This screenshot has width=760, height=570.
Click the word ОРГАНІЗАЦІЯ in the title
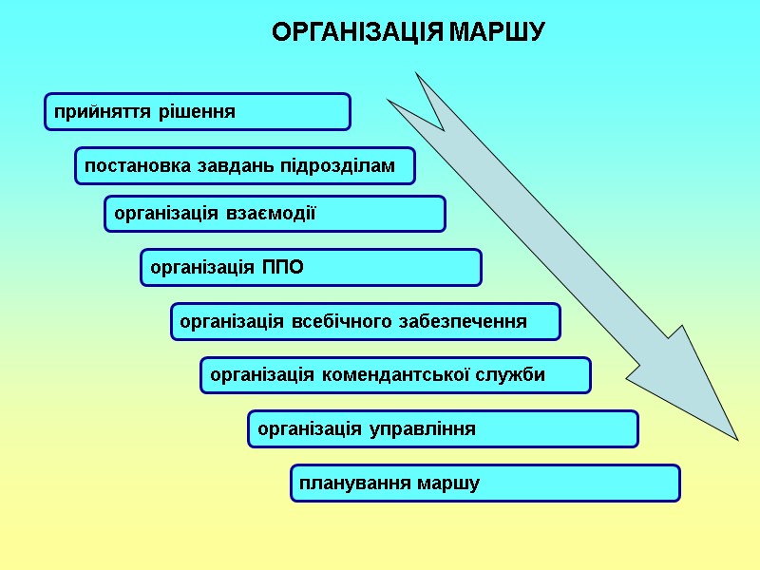358,33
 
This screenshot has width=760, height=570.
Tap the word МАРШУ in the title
496,33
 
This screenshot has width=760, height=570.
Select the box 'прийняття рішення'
198,111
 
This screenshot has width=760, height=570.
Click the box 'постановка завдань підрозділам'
245,165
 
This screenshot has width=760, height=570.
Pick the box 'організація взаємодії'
275,214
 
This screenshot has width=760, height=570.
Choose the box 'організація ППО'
311,267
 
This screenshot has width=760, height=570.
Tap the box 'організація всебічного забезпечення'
366,321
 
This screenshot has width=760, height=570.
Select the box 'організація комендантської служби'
395,375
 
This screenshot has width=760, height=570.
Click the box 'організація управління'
443,429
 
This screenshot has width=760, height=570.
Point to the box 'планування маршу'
484,484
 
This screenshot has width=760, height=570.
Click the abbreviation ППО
282,268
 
